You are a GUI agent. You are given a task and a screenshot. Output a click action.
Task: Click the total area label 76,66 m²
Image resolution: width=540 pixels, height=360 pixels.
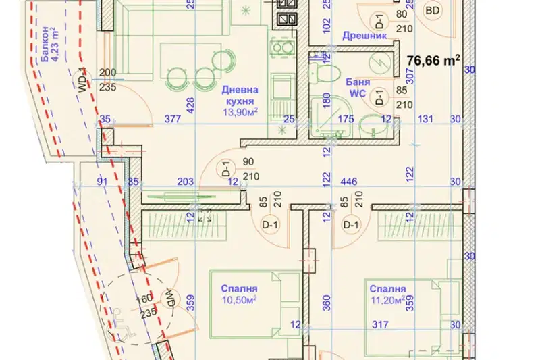pyautogui.click(x=433, y=60)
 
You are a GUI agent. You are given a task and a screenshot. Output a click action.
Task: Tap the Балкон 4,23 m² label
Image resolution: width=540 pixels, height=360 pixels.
pyautogui.click(x=50, y=44)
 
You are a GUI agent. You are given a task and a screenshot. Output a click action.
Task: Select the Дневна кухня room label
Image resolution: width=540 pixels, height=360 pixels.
pyautogui.click(x=240, y=95)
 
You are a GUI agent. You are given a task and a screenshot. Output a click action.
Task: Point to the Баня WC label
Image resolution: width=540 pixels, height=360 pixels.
pyautogui.click(x=358, y=88)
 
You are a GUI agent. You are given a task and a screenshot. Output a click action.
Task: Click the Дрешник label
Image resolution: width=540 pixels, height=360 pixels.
pyautogui.click(x=364, y=36)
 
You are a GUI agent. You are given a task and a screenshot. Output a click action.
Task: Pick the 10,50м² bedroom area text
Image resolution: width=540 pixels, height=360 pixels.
pyautogui.click(x=239, y=300)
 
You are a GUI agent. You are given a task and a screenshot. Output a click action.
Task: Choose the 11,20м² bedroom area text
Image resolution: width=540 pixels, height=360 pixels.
pyautogui.click(x=388, y=300)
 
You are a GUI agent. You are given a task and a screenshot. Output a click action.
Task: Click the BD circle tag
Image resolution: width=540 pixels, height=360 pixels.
pyautogui.click(x=433, y=10)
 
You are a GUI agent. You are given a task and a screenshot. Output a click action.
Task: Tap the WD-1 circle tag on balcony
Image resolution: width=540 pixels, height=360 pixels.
pyautogui.click(x=82, y=80)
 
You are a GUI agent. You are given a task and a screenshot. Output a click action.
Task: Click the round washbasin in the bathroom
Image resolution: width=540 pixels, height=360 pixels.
pyautogui.click(x=372, y=127)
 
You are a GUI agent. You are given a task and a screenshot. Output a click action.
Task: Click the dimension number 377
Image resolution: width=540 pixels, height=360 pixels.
pyautogui.click(x=173, y=119)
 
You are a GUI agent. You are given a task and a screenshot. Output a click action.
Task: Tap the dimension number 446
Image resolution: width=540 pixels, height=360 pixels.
pyautogui.click(x=348, y=181)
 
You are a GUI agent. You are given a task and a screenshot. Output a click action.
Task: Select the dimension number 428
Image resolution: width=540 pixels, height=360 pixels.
pyautogui.click(x=190, y=105)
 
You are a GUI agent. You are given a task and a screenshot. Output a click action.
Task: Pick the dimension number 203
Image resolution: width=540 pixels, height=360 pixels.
pyautogui.click(x=185, y=181)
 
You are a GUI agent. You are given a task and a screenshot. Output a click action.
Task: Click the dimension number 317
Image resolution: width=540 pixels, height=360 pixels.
pyautogui.click(x=380, y=324)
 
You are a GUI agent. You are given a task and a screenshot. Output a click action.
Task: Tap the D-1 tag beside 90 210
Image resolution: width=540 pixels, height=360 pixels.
pyautogui.click(x=227, y=169)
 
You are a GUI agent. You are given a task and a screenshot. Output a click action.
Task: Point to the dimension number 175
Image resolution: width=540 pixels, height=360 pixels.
pyautogui.click(x=346, y=119)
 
